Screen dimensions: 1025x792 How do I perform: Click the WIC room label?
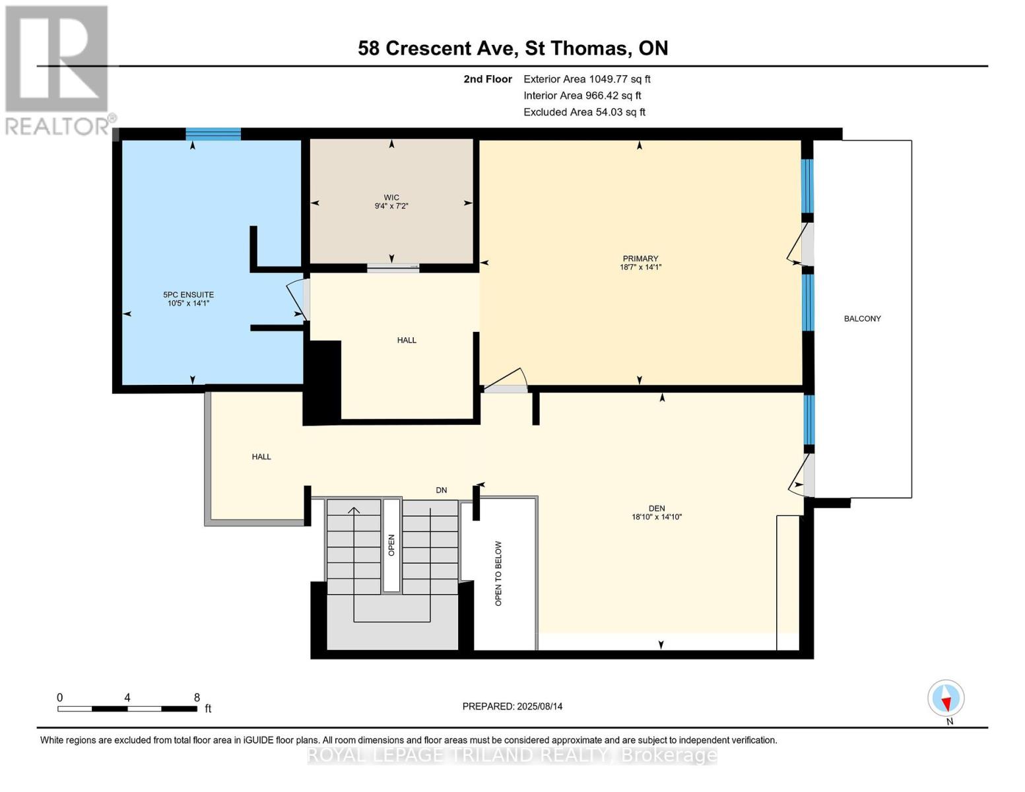pos(391,197)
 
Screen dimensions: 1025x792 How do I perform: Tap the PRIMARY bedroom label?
pos(640,259)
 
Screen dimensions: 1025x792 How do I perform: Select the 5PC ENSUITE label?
pos(188,295)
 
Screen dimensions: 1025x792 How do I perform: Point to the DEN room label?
pos(657,508)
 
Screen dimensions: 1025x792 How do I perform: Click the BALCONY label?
pos(862,319)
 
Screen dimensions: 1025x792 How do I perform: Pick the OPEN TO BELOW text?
pos(498,573)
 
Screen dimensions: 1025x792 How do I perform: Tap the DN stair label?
pos(441,490)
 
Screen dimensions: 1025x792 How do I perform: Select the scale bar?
pos(127,708)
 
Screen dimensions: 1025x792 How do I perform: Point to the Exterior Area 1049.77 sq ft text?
pos(587,79)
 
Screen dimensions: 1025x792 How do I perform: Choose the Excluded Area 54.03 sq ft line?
pos(584,112)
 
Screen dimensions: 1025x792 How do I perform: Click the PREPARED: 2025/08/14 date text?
pos(512,706)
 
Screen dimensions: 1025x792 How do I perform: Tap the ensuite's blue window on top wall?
pos(213,135)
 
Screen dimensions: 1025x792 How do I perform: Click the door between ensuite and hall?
pos(298,300)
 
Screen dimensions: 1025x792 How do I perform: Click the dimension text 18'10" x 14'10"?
pos(657,517)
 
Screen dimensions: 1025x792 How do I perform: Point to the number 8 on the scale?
pos(197,697)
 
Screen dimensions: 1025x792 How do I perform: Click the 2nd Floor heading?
pos(487,79)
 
